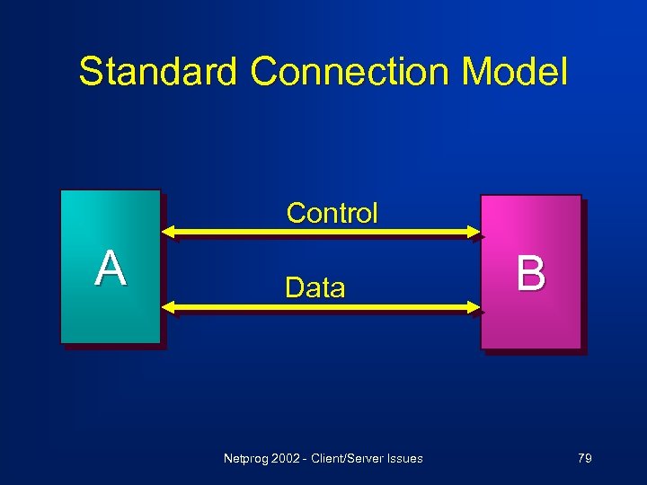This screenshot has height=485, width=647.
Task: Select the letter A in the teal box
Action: (x=111, y=268)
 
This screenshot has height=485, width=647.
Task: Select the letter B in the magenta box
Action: (x=530, y=273)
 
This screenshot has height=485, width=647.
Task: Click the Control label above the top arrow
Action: (x=332, y=213)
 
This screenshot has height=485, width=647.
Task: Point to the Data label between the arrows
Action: (x=315, y=287)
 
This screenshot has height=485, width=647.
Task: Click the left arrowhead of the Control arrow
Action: (x=168, y=233)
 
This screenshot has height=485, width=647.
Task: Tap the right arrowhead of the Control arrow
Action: (x=474, y=233)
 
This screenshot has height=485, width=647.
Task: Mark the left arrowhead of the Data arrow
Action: (x=168, y=308)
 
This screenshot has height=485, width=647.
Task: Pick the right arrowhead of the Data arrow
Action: (x=474, y=308)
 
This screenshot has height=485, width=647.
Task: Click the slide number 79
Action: (x=584, y=459)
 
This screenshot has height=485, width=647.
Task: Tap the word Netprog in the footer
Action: (x=244, y=459)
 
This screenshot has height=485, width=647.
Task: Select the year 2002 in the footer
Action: (x=284, y=459)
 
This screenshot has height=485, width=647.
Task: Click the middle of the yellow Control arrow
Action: (x=322, y=233)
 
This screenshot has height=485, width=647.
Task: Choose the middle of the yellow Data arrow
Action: (x=322, y=308)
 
